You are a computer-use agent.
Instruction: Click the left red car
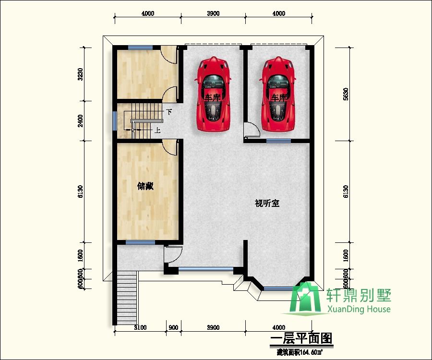213,94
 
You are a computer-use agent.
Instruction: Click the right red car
278,94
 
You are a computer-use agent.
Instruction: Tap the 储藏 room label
145,186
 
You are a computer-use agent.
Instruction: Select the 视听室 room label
267,203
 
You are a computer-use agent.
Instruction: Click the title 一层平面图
301,339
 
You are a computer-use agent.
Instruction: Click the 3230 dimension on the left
81,74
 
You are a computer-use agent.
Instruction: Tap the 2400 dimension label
81,120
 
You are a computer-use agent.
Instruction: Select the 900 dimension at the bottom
174,328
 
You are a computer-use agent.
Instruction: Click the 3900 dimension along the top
213,13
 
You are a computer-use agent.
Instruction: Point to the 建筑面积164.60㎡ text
300,352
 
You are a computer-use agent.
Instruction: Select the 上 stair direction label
157,130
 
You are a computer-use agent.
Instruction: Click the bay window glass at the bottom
274,288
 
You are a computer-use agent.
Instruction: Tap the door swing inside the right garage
252,130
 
